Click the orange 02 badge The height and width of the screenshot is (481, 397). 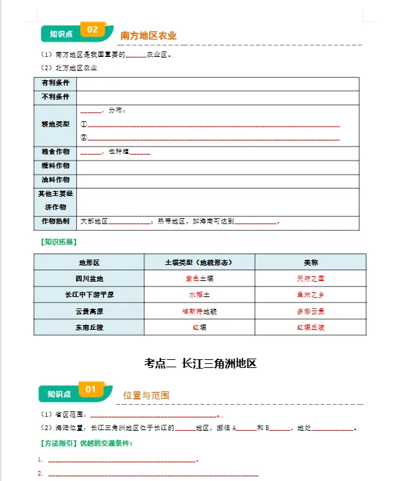92,30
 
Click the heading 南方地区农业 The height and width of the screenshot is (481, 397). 148,35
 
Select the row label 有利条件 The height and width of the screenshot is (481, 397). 55,83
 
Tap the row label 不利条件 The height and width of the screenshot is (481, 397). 55,97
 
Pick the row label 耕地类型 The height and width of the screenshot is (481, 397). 55,124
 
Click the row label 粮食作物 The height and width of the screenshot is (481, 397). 55,152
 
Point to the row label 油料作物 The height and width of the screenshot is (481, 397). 55,180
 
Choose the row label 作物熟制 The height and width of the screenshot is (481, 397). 55,221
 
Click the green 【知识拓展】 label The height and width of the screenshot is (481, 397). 58,242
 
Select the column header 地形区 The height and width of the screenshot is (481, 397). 89,263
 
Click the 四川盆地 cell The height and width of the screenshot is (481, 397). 89,278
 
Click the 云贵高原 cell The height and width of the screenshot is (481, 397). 89,311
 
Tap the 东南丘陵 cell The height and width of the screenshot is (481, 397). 89,327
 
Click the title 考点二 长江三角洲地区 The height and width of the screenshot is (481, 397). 200,363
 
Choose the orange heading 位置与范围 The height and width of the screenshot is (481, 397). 146,395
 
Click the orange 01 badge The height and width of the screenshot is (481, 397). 91,389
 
